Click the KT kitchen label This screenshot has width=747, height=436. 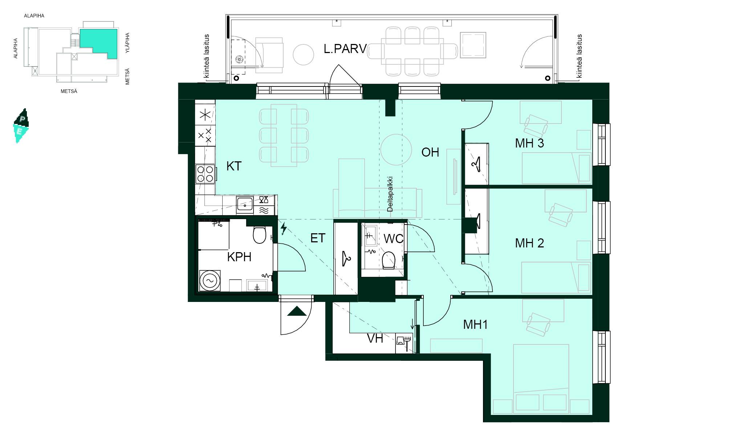234,166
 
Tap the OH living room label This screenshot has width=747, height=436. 430,152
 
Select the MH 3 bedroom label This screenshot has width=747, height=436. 529,143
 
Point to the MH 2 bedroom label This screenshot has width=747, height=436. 529,243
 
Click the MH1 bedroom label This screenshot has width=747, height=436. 475,324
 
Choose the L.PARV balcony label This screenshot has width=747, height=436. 345,49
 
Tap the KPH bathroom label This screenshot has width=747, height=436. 239,257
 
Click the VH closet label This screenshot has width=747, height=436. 375,338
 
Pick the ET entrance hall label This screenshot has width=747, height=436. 318,238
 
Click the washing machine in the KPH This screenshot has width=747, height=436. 210,280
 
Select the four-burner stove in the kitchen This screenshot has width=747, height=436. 205,174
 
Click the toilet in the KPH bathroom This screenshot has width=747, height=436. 259,235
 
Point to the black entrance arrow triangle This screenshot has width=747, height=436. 297,311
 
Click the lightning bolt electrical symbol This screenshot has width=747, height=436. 284,229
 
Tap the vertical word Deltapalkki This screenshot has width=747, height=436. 390,194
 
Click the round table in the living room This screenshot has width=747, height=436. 396,150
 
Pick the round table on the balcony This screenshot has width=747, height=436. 303,54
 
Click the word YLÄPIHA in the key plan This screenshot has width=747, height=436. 127,43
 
